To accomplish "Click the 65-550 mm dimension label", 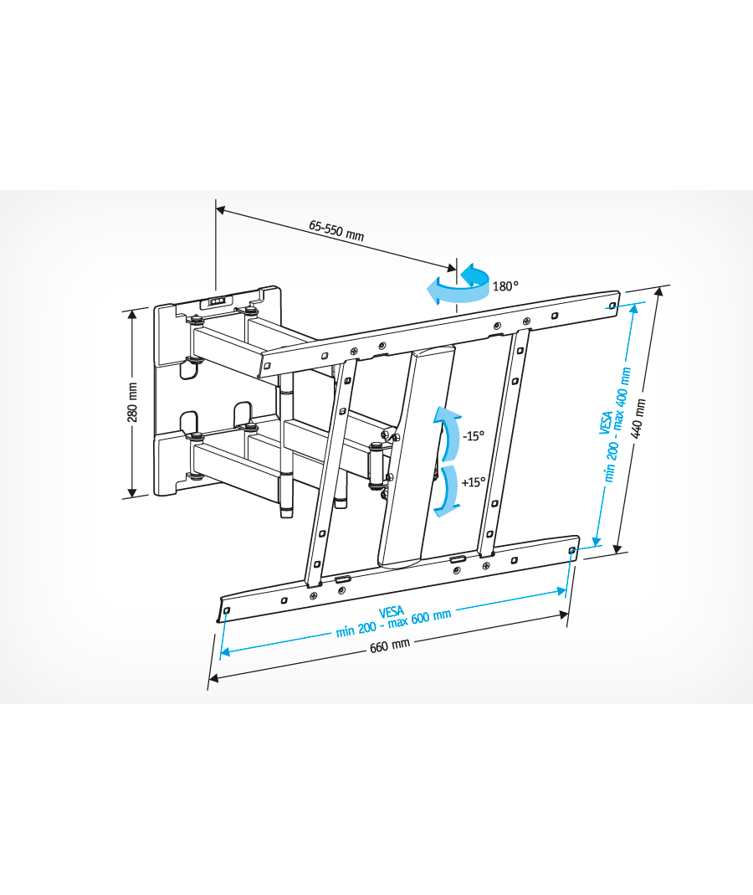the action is tap(336, 230).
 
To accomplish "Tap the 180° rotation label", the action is tap(505, 286).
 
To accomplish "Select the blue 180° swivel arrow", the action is tap(459, 285).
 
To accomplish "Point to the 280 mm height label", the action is tap(132, 403).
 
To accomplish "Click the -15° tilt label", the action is tap(473, 436).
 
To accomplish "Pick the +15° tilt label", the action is tap(474, 482).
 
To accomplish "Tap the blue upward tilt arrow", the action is tap(448, 433).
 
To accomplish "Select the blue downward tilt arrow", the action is tap(448, 491).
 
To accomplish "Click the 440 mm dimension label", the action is tap(640, 418).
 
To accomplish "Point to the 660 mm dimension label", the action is tap(390, 646).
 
